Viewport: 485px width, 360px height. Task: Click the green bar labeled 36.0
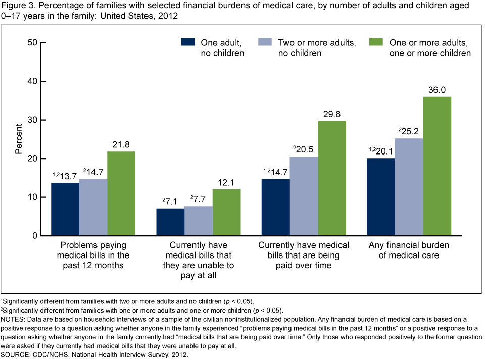437,166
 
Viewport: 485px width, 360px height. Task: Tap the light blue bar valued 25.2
409,187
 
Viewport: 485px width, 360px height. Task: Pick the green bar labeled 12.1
226,212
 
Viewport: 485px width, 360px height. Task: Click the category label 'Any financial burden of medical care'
409,250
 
